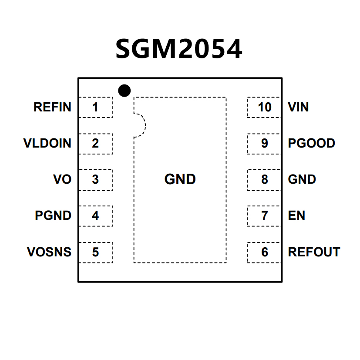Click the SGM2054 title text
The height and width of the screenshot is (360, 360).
pos(179,49)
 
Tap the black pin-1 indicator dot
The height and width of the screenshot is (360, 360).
pos(124,91)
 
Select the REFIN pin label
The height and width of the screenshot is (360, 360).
pos(52,107)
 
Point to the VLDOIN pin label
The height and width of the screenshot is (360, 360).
pos(47,143)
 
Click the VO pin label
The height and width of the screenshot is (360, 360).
pos(62,179)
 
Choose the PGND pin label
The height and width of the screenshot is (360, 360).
pos(53,215)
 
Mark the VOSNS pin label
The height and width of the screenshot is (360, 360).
pos(49,252)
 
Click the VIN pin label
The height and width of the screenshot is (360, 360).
pos(298,107)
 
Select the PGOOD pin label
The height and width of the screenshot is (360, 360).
pos(312,143)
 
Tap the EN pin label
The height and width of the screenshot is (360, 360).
pos(296,215)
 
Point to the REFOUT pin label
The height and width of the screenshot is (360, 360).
pos(314,252)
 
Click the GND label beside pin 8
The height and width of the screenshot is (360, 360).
pos(302,179)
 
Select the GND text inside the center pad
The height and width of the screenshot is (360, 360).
pos(180,179)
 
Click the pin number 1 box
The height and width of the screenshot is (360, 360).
pos(95,107)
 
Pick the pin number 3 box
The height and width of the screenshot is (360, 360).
pos(95,179)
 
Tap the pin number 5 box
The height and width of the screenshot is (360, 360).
pos(95,252)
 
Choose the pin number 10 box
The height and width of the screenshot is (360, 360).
pos(264,107)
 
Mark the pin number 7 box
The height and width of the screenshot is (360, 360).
pos(264,215)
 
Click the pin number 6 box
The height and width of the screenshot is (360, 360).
pos(264,252)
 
